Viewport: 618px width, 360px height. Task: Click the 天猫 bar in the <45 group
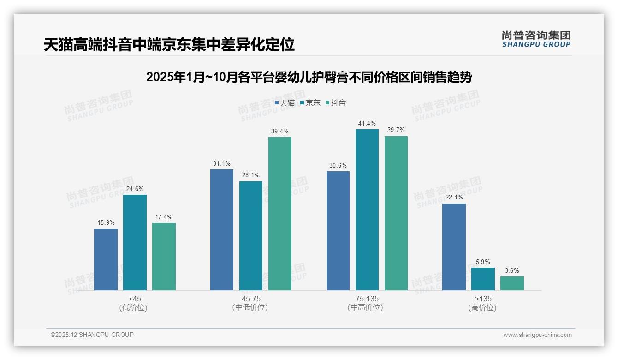(106, 259)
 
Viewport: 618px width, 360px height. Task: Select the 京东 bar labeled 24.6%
(135, 242)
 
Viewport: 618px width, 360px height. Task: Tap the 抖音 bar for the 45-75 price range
(280, 213)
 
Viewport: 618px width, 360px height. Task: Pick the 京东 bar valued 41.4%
(367, 210)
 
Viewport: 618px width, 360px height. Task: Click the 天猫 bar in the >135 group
(454, 247)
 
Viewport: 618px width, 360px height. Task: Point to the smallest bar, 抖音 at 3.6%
(512, 283)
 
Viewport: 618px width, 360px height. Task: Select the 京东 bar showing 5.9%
(483, 279)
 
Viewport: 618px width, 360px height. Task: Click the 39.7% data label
(396, 130)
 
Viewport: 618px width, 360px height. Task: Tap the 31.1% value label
(222, 163)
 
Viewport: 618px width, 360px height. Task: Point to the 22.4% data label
(454, 198)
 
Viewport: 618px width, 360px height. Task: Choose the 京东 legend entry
(310, 103)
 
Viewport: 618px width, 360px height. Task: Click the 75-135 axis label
(367, 299)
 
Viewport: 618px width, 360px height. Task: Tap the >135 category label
(483, 299)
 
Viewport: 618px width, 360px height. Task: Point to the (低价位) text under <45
(135, 307)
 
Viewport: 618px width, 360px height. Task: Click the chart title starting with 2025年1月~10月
(309, 77)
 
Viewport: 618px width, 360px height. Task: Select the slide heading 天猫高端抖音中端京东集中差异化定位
(169, 45)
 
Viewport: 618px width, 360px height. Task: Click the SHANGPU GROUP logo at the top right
(536, 39)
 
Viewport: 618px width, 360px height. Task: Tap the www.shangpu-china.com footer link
(537, 335)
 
